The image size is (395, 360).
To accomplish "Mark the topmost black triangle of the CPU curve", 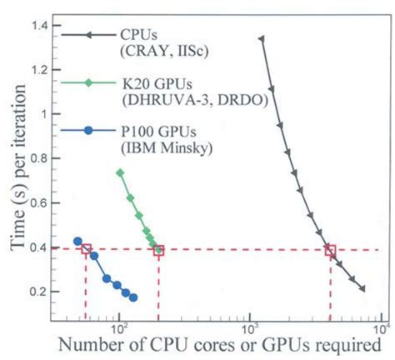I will (x=262, y=39).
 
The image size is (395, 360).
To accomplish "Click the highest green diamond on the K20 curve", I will (x=120, y=172).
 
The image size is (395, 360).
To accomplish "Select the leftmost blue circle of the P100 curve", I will (x=77, y=242).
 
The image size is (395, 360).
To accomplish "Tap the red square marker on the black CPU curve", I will (x=330, y=250).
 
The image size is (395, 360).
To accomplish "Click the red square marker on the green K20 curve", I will (x=158, y=250).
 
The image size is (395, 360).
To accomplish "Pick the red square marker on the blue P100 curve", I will (x=86, y=250).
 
